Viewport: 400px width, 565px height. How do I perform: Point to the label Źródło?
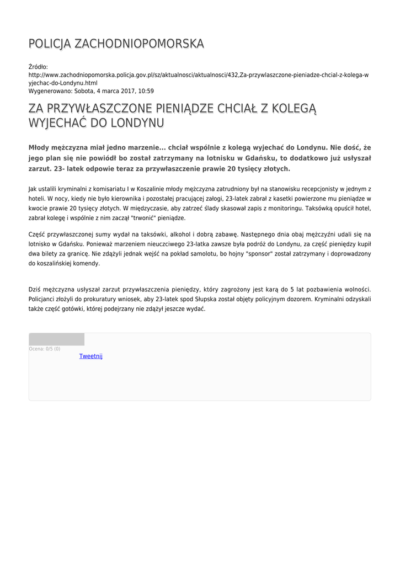pos(38,67)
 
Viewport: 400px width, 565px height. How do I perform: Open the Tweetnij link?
pos(91,356)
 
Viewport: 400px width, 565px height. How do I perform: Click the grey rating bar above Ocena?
pos(56,339)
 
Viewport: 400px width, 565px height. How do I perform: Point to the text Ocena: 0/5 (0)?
pos(45,349)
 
